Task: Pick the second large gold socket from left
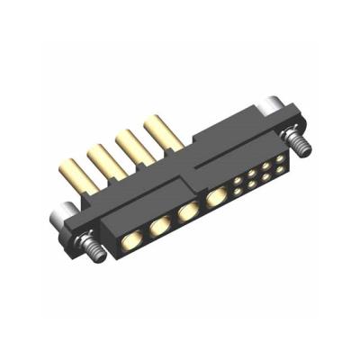point(159,227)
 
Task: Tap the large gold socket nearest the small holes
point(216,197)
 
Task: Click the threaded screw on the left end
point(90,247)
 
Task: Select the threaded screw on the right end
point(295,140)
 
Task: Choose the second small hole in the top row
point(253,174)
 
